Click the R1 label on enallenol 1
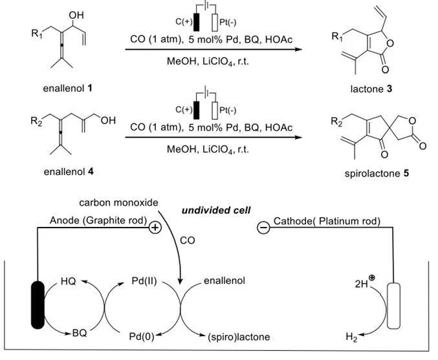point(22,30)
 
